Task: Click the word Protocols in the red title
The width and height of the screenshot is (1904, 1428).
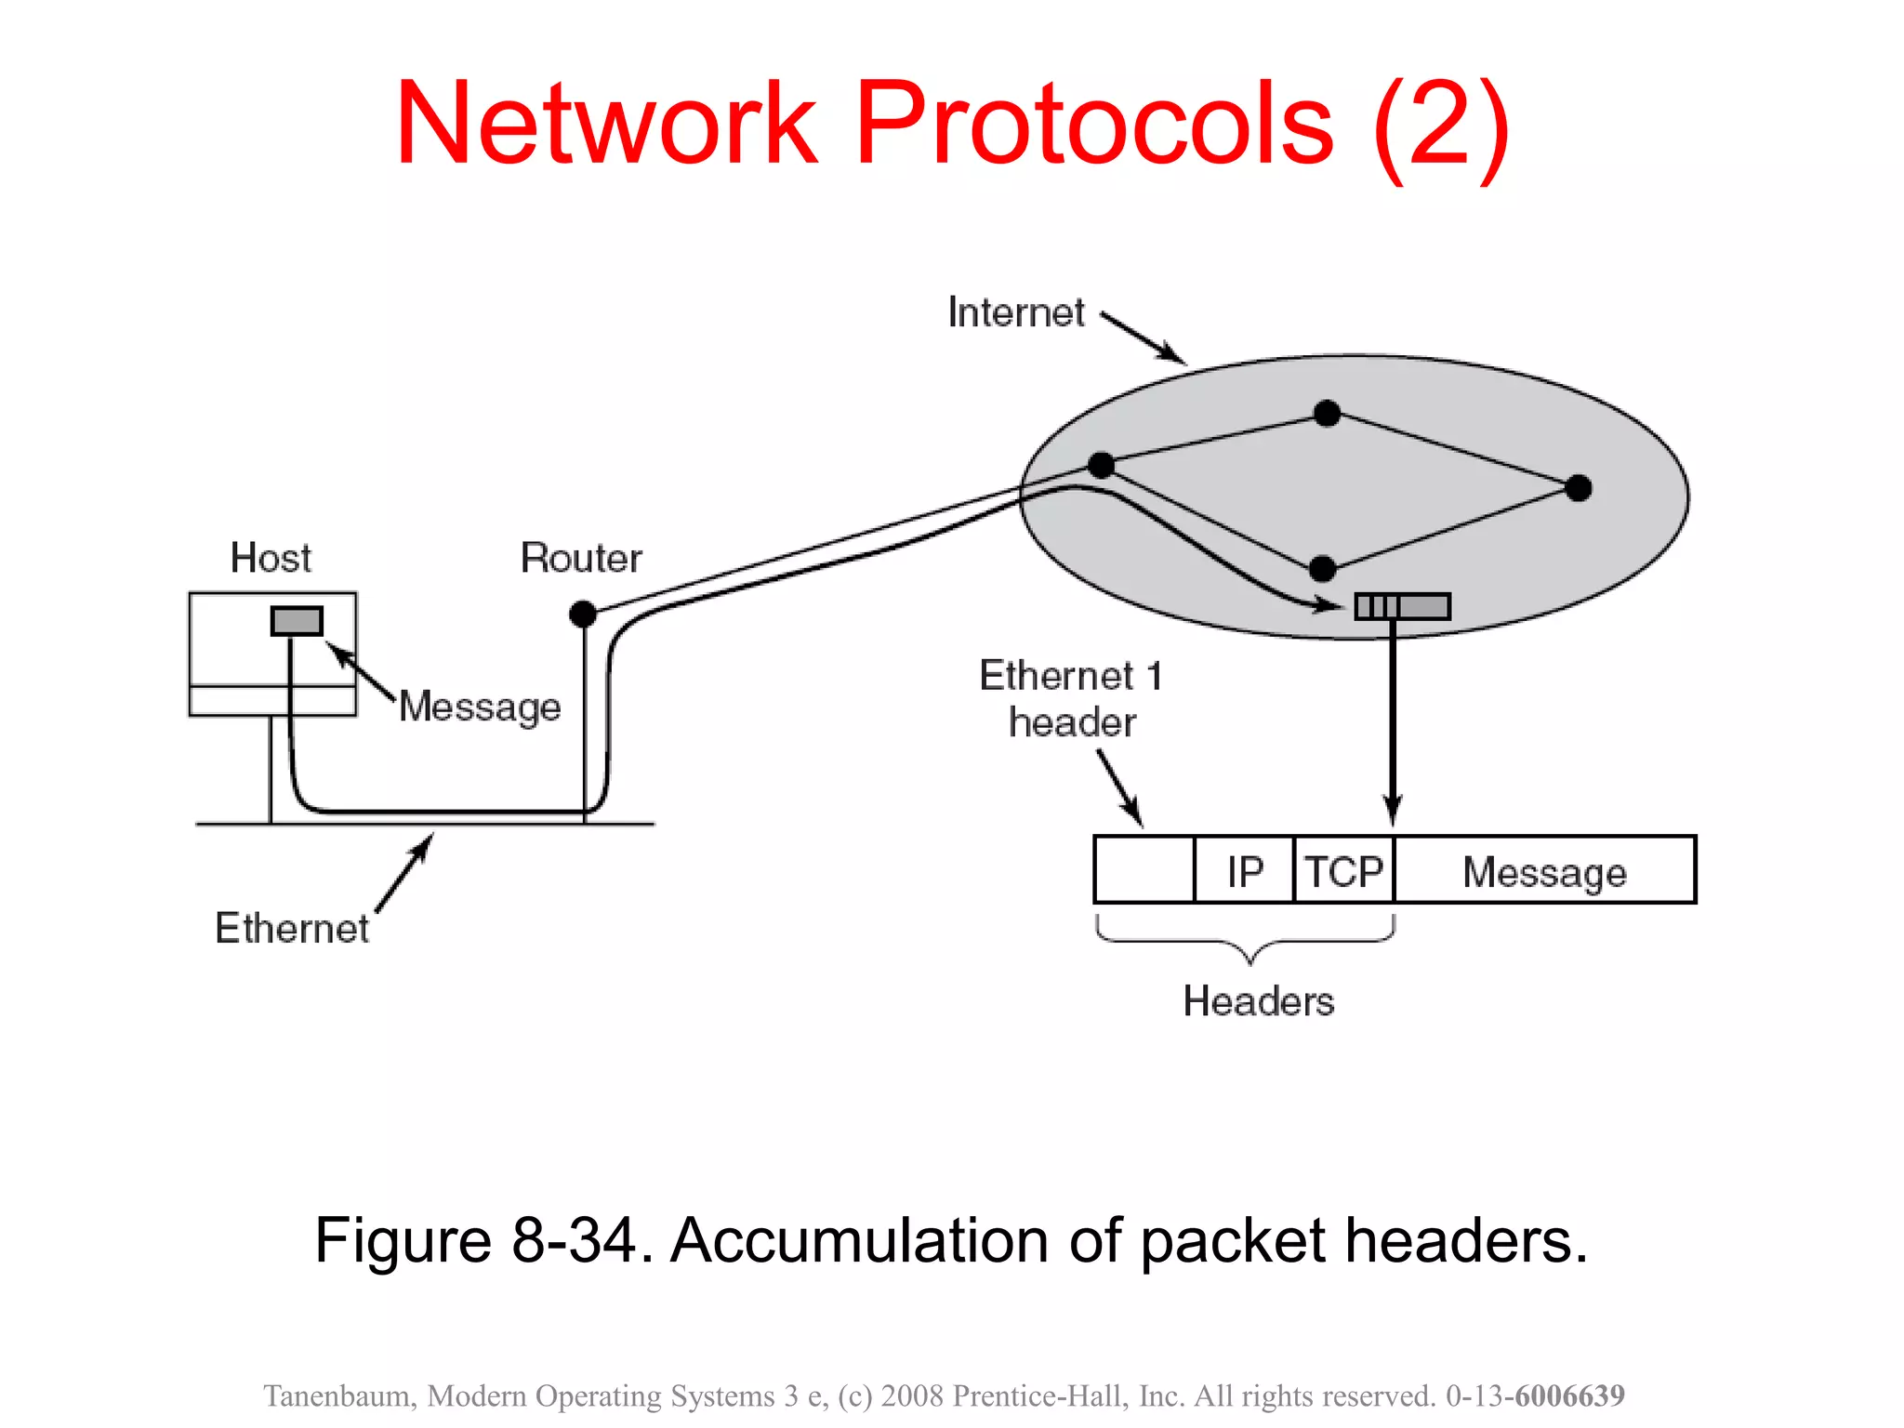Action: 1095,124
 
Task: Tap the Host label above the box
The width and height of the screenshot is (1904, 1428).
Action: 270,558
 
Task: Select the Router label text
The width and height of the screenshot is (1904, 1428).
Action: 581,558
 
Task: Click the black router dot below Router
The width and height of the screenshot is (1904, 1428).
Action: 583,614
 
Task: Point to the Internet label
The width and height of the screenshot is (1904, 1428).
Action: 1015,312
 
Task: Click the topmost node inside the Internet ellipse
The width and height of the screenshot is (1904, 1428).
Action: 1327,413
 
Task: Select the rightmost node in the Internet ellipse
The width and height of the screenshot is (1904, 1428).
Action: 1578,487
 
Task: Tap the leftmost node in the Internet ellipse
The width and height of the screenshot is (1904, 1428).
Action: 1101,465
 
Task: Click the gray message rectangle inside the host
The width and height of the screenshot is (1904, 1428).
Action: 297,621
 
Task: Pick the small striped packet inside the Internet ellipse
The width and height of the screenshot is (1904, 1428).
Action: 1402,606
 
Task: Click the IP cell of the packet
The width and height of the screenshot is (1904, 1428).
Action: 1244,870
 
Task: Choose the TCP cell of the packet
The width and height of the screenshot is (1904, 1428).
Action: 1343,870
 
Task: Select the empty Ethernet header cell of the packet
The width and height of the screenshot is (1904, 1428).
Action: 1144,870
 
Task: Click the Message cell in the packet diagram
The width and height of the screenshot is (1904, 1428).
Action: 1544,870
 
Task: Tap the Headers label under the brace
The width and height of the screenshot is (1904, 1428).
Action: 1258,1001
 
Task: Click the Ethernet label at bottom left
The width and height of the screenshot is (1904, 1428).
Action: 291,928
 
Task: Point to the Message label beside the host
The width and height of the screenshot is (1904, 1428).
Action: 480,707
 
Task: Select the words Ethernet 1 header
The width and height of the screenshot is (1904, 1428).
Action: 1071,699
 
